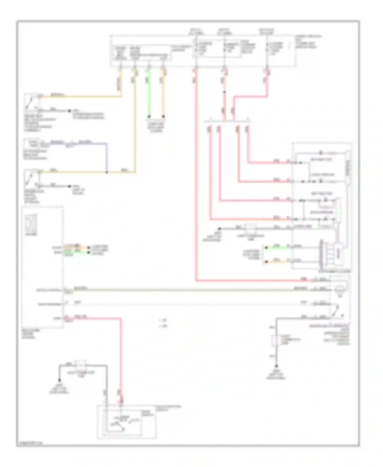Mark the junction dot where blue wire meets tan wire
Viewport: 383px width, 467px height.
[x=107, y=172]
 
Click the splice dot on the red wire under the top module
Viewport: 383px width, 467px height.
[x=224, y=92]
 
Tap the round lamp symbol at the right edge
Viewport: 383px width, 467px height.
[x=340, y=289]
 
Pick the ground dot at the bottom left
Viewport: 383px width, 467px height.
[x=59, y=380]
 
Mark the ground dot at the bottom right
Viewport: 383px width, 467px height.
[x=276, y=366]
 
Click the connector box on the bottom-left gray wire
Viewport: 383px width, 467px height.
[x=81, y=364]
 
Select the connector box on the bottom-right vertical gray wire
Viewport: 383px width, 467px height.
[x=276, y=340]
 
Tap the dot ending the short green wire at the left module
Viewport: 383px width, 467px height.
[x=89, y=252]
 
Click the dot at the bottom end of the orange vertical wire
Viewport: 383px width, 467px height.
[x=163, y=116]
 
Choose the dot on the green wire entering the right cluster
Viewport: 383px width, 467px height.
[x=266, y=248]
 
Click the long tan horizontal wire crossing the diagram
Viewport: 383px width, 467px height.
[x=192, y=290]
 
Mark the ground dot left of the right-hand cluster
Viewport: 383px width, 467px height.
[x=219, y=228]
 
